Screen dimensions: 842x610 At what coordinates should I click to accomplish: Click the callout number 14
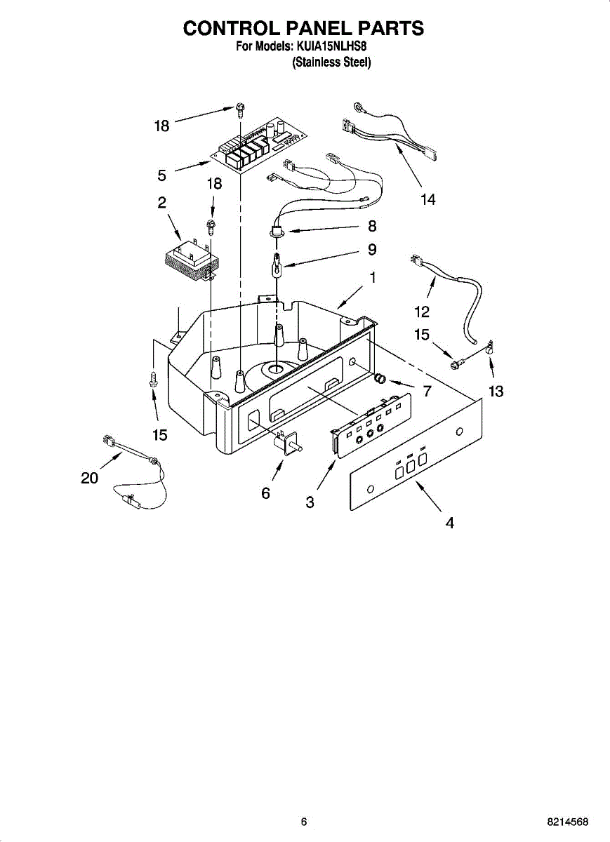427,200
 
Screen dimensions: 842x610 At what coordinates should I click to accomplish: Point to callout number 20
89,478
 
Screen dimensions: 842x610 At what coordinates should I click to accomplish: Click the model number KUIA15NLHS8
330,46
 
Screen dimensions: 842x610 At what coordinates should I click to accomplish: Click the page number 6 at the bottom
303,822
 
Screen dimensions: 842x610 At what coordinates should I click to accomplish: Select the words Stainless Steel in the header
331,62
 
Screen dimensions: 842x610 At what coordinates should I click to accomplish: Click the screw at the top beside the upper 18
240,109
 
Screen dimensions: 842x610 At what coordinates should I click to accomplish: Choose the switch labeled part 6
289,443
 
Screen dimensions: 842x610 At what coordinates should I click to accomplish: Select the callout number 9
372,250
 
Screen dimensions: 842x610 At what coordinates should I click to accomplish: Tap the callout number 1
372,277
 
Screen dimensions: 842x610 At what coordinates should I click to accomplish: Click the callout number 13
496,392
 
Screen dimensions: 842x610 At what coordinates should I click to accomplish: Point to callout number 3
310,502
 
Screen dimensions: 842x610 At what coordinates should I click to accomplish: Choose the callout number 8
372,226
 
